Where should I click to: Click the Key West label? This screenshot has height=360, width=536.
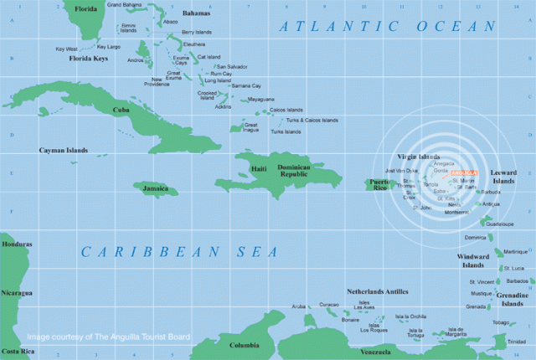66,49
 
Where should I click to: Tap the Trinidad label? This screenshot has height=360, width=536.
518,342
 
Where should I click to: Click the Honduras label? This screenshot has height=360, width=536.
17,244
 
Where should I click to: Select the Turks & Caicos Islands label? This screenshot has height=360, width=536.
312,120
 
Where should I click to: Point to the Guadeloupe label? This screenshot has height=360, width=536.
499,224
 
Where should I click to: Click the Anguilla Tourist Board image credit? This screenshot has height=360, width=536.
108,337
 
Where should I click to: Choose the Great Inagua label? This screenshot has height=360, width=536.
250,126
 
